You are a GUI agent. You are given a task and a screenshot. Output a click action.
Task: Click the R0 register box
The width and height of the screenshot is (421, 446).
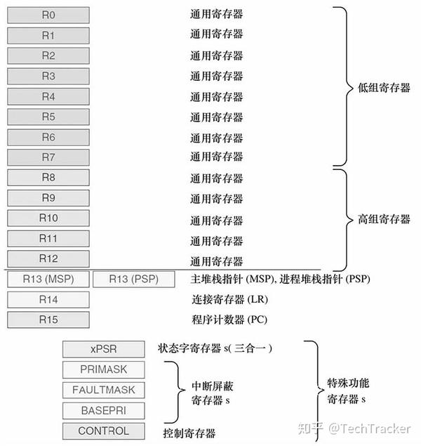48,15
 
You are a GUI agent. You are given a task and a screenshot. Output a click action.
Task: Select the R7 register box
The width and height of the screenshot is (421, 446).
48,157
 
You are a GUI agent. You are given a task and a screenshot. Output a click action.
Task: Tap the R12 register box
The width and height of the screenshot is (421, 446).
48,258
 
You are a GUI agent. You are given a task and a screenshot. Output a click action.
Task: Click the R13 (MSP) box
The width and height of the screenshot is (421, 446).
48,280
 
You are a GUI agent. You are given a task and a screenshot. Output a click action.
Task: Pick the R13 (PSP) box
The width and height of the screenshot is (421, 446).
134,280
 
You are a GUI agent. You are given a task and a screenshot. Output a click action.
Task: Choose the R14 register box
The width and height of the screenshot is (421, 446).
48,299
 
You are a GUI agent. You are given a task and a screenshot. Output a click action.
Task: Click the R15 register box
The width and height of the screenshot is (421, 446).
48,320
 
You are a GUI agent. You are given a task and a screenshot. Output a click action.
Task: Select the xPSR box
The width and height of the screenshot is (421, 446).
104,349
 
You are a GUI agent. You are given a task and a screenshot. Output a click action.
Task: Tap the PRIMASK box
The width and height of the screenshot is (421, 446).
104,369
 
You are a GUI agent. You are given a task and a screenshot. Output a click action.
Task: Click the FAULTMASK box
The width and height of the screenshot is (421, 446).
104,390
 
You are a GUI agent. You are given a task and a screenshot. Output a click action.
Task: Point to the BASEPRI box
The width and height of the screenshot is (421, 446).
104,410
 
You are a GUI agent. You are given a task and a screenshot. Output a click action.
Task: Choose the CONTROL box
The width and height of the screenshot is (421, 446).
104,431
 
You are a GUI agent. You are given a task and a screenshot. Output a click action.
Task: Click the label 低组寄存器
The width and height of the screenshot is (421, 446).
384,88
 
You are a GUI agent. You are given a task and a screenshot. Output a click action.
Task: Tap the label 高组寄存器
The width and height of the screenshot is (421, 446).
384,219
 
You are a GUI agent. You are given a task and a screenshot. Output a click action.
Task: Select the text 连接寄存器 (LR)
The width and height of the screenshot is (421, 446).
229,299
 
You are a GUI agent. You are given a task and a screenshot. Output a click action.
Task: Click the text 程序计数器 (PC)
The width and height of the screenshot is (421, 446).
229,320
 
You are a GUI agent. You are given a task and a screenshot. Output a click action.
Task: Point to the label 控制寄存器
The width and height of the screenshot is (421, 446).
189,433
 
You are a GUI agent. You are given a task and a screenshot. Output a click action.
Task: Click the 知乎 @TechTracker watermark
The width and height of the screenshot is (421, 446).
354,428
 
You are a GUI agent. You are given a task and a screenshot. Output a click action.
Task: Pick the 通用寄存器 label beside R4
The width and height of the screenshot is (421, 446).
217,97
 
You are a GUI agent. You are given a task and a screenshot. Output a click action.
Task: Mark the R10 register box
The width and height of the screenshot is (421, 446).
48,218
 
